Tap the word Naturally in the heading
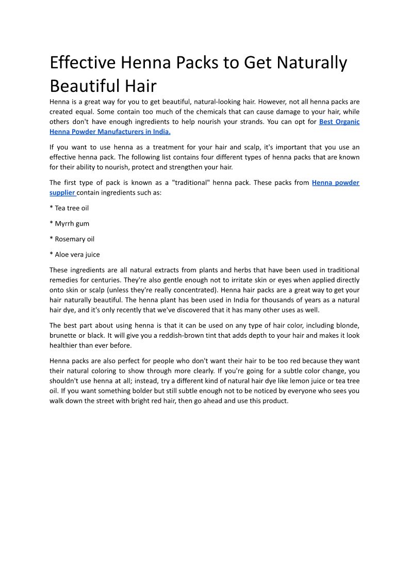click(x=311, y=63)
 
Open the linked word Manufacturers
click(x=119, y=132)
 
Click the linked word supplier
click(x=62, y=193)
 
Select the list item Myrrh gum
click(x=72, y=224)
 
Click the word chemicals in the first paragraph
click(x=189, y=112)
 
